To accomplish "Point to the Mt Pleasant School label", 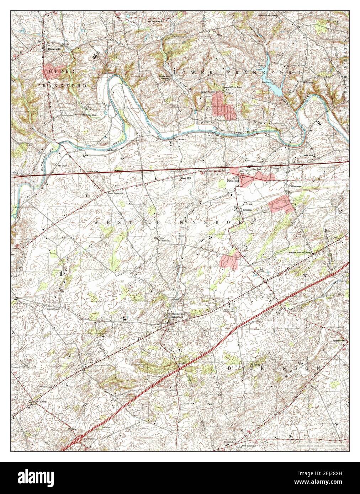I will (x=89, y=115).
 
